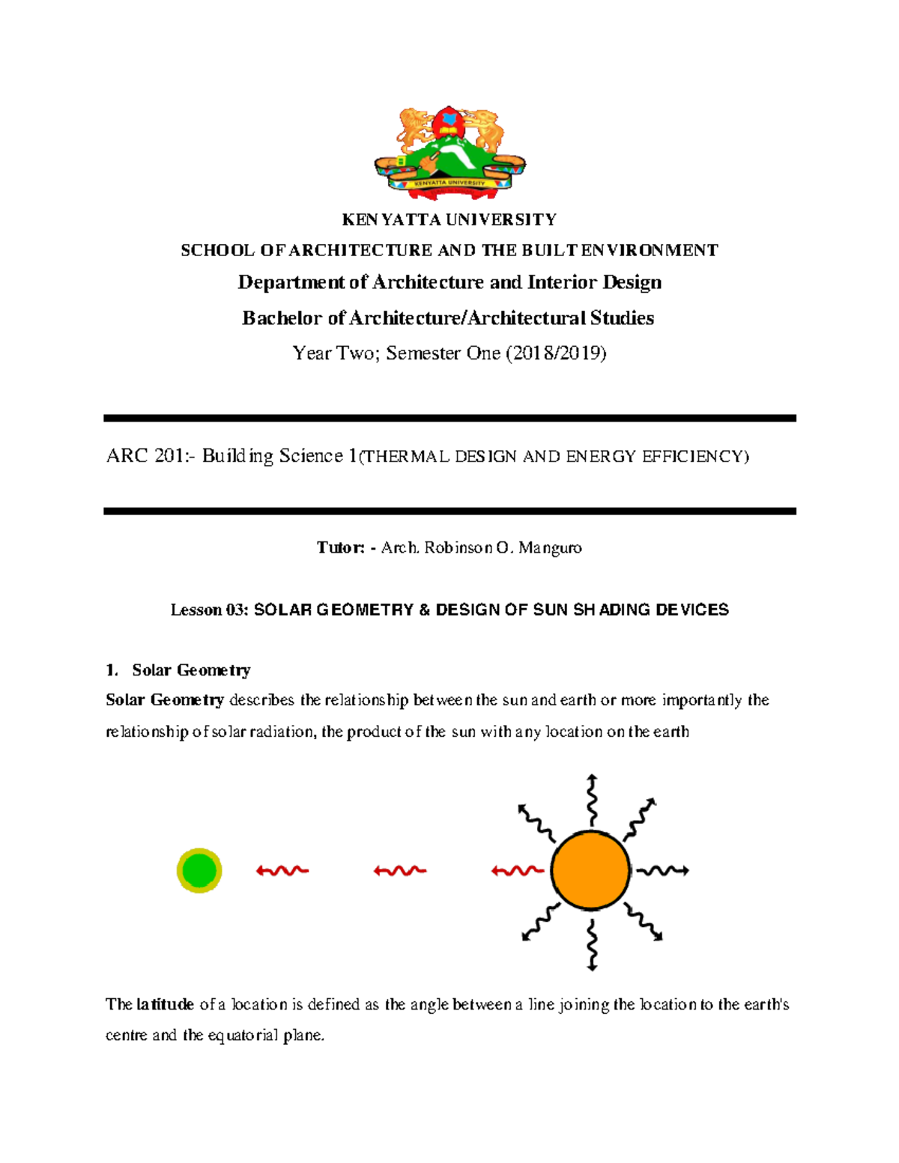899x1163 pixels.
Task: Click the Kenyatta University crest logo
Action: coord(449,153)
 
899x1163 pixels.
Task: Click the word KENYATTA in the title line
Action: coord(392,219)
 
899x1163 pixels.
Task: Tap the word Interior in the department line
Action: coord(560,282)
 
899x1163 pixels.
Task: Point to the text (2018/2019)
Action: coord(556,353)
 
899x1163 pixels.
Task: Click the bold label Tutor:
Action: coord(340,547)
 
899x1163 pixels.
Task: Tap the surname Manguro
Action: coord(550,548)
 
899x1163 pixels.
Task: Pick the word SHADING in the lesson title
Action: coord(612,610)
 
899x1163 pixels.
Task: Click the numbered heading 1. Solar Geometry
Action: coord(178,669)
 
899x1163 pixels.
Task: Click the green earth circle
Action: coord(199,870)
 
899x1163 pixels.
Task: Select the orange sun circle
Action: coord(590,870)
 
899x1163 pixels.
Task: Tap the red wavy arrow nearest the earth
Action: coord(282,870)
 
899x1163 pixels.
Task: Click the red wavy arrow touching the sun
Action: coord(517,871)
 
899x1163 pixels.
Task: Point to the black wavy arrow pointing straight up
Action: coord(592,800)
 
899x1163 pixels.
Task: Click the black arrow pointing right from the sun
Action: coord(662,870)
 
